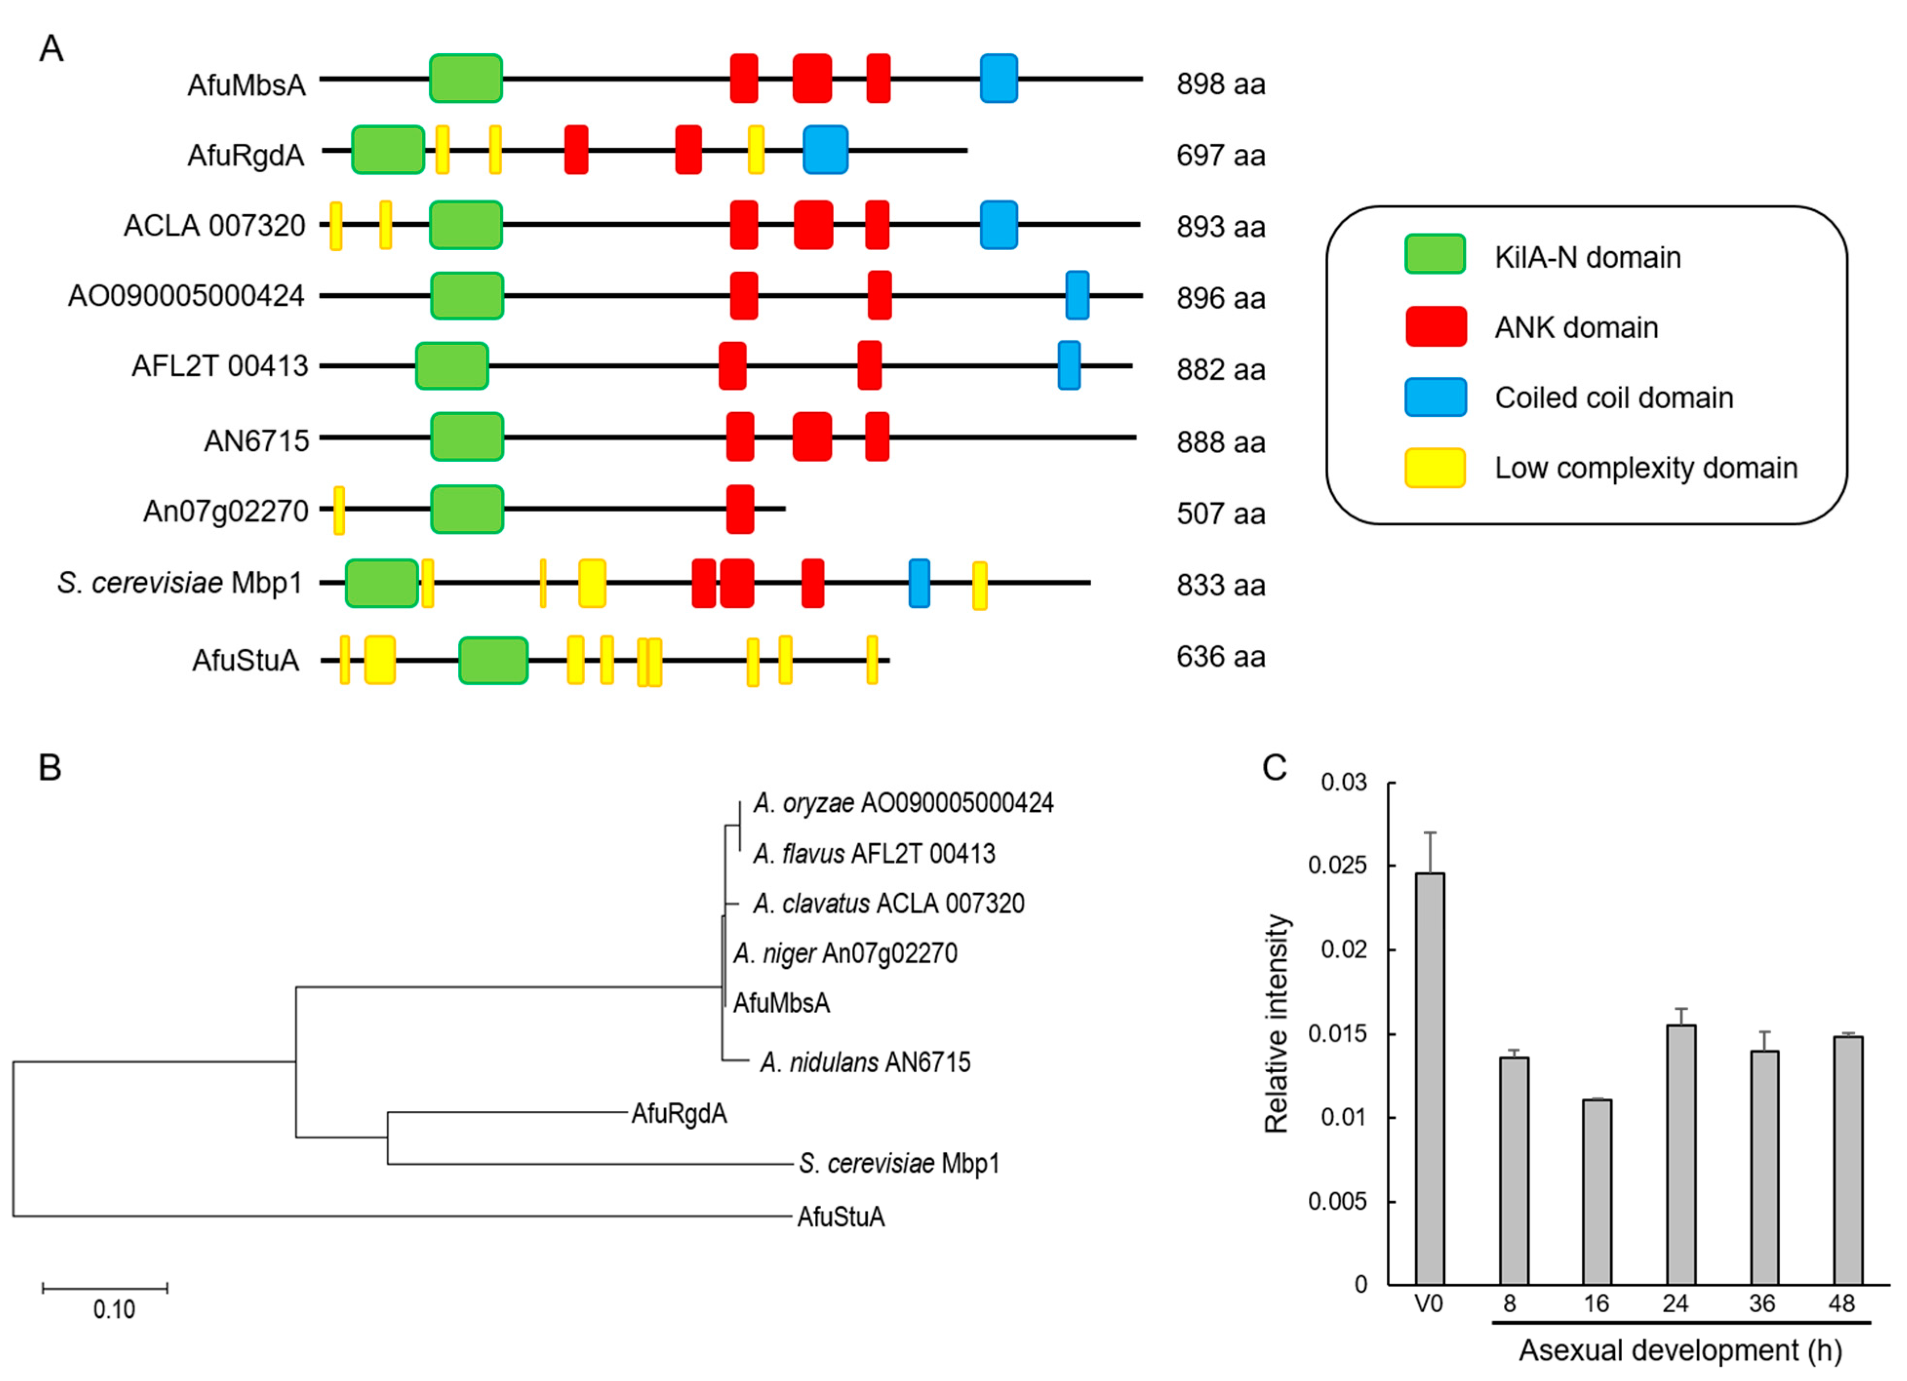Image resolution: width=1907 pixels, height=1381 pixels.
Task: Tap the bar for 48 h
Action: pos(1848,1160)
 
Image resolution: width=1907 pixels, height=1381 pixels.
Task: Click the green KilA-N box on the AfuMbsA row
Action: pos(466,78)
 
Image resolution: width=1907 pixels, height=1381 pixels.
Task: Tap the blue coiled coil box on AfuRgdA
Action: pos(825,150)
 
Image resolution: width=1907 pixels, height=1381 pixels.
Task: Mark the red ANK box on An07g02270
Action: pos(740,509)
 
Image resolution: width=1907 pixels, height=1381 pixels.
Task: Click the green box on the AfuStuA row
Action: pos(493,660)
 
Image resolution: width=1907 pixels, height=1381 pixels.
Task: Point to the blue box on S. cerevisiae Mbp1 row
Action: pos(919,583)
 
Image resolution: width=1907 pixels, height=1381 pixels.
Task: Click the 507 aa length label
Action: pos(1220,513)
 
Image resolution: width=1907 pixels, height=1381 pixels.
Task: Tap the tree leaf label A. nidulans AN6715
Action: pos(865,1062)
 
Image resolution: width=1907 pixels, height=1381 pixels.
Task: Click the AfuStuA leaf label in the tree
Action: pos(841,1216)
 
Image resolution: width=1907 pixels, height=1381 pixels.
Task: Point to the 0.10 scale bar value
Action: pos(114,1309)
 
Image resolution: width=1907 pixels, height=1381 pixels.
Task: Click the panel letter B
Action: pos(50,767)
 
